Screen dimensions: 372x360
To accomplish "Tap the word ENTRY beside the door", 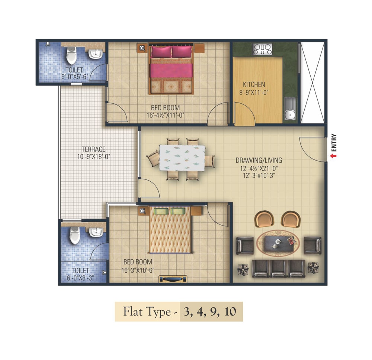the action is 334,143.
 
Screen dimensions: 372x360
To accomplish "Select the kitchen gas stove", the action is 262,49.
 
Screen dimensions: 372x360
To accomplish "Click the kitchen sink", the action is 290,108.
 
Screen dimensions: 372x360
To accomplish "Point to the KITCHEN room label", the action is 254,84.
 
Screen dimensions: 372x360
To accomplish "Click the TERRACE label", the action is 93,149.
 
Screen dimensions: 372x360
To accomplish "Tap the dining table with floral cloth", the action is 182,158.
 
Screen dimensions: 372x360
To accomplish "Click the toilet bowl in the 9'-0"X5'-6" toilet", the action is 71,55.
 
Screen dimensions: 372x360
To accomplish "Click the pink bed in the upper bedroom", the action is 171,68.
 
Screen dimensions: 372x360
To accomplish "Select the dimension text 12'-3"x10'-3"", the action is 259,176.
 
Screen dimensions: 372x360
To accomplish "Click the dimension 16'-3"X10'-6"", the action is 138,270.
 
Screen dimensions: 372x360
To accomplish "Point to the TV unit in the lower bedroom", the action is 173,279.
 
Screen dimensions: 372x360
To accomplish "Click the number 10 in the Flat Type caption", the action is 230,311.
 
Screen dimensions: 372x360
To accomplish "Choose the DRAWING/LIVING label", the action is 259,160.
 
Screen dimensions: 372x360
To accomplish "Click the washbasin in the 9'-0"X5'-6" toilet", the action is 96,53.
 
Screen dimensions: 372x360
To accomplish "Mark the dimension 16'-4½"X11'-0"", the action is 166,116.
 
